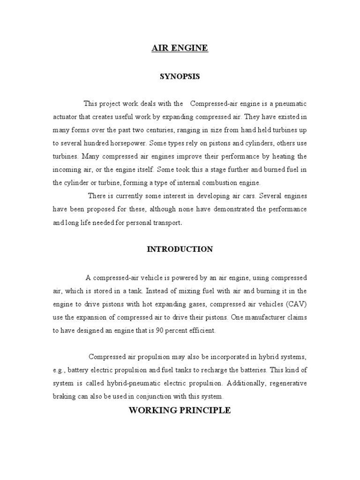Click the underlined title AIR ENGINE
[x=180, y=48]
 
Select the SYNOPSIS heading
[x=180, y=76]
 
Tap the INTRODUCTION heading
[x=180, y=249]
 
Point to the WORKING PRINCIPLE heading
[x=180, y=410]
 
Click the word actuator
[x=66, y=116]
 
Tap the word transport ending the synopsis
[x=164, y=223]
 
